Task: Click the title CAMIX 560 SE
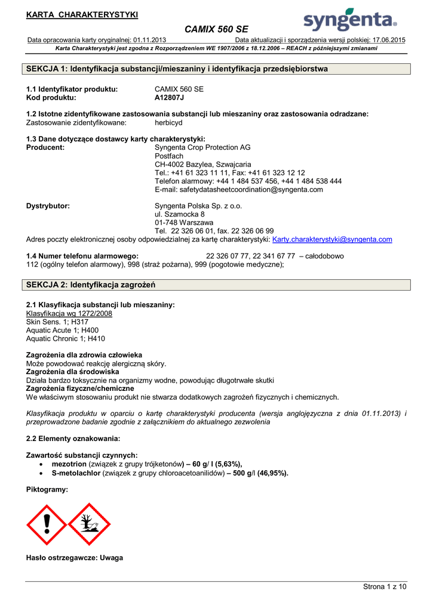click(216, 29)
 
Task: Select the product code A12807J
click(170, 97)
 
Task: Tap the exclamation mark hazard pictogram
click(48, 524)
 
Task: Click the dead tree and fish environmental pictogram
click(90, 524)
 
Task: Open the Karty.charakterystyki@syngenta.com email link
click(332, 239)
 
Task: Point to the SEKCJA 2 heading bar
click(219, 285)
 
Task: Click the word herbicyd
click(168, 122)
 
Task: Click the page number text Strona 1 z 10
click(385, 587)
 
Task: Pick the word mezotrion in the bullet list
click(69, 464)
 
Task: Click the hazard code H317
click(80, 322)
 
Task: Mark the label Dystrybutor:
click(48, 206)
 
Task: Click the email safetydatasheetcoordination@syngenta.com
click(239, 189)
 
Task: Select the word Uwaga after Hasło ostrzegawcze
click(112, 558)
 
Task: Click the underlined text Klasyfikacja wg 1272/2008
click(69, 313)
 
